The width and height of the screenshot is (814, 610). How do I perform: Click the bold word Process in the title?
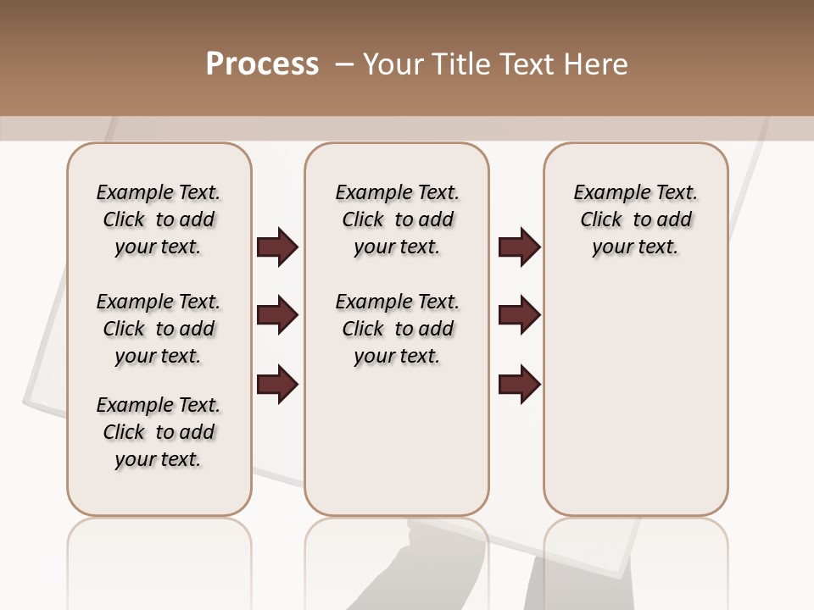[262, 64]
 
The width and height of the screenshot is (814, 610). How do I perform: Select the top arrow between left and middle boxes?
[277, 247]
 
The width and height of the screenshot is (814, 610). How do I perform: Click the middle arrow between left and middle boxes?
[277, 316]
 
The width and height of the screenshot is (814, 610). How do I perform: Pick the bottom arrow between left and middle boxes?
[277, 384]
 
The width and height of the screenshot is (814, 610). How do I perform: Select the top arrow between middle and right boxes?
[519, 247]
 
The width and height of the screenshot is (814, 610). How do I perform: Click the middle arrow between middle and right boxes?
[519, 316]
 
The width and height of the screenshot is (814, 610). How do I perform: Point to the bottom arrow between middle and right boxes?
[519, 384]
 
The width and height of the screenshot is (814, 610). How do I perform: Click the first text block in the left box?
[159, 219]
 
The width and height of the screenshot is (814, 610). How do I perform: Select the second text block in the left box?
[159, 329]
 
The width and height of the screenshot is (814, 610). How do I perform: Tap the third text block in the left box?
[159, 432]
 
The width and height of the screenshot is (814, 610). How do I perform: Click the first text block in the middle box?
[397, 219]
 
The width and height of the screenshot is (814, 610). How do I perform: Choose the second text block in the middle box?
[397, 329]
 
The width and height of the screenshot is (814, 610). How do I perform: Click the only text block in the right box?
[635, 219]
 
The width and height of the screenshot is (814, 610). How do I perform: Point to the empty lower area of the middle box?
[397, 441]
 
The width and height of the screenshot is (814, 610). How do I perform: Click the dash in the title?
[343, 64]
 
